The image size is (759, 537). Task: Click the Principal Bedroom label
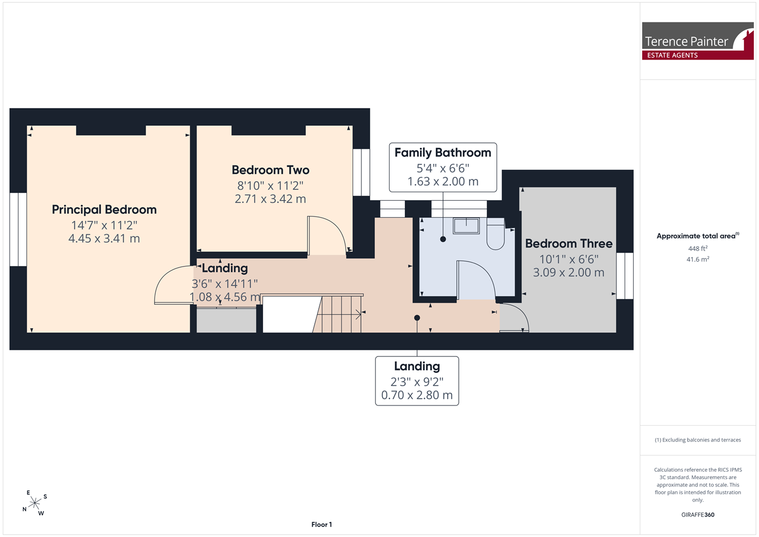click(x=104, y=210)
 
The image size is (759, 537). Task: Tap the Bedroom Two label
click(x=270, y=170)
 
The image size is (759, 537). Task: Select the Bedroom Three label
click(x=568, y=243)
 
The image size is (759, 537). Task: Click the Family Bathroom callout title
click(x=442, y=153)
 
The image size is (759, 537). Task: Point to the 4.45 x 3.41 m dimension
click(x=104, y=238)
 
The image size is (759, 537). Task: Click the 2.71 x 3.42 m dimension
click(x=270, y=199)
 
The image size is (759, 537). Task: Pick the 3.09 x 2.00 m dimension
click(x=568, y=272)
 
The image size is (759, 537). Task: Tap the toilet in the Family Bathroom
click(x=496, y=234)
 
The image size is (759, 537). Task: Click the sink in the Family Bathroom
click(x=466, y=226)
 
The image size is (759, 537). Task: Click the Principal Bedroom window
click(x=19, y=229)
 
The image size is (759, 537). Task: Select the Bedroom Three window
click(x=625, y=276)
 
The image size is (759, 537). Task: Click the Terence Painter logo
click(x=698, y=41)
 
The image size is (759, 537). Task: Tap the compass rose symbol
click(x=35, y=503)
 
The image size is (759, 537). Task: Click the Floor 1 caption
click(x=322, y=525)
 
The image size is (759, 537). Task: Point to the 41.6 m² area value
click(x=698, y=259)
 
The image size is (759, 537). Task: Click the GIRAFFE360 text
click(x=698, y=515)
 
